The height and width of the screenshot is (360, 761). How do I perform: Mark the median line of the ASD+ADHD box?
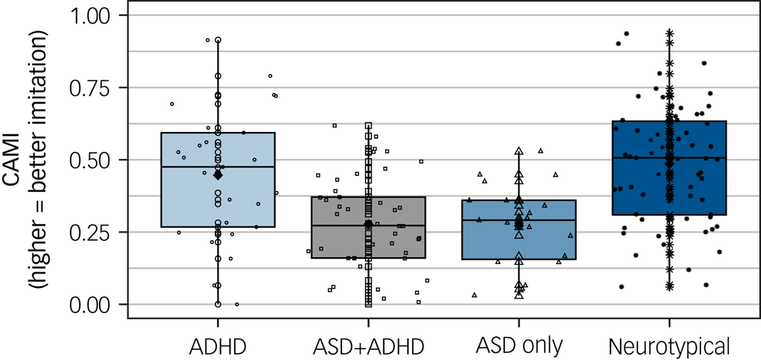tap(330, 226)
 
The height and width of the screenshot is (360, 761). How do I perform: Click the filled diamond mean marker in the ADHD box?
tap(218, 175)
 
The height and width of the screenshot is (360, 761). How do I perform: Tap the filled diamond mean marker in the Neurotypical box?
tap(669, 163)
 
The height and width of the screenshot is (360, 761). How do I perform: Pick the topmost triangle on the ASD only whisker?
tap(519, 151)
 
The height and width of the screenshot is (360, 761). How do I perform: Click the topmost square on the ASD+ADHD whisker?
tap(368, 125)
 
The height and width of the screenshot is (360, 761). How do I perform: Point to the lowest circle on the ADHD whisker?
tap(218, 304)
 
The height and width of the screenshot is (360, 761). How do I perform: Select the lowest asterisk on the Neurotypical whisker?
tap(669, 286)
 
